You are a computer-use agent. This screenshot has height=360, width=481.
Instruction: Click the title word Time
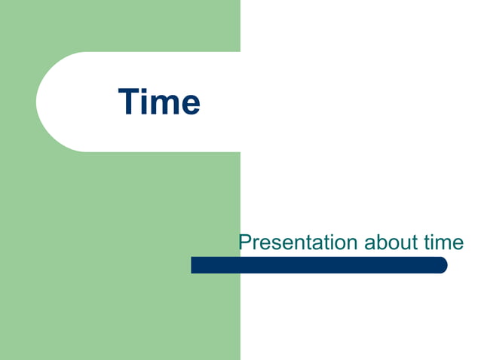click(159, 102)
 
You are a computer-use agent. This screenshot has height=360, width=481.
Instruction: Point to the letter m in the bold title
click(167, 105)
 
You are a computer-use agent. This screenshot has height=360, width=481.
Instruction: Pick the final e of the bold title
click(191, 105)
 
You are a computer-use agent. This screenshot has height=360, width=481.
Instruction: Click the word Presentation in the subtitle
click(298, 243)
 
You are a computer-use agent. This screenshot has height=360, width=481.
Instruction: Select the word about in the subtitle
click(390, 243)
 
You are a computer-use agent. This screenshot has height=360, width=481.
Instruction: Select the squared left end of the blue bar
click(194, 265)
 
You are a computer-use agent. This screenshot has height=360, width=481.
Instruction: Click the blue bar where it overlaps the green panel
click(216, 265)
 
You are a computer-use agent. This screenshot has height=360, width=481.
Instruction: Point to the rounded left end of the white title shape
click(42, 102)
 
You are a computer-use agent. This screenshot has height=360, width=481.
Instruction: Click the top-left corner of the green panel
click(2, 2)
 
